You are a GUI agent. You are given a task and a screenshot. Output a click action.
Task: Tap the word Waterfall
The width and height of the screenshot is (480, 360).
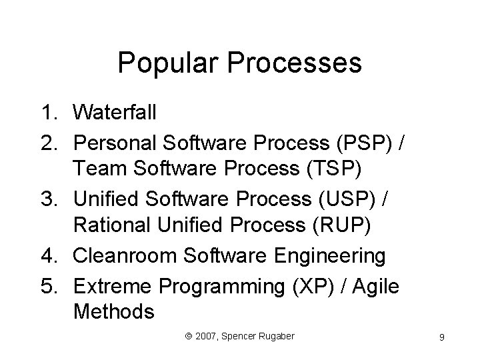click(115, 113)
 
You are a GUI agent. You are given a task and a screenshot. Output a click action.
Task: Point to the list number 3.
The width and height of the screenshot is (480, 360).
click(53, 198)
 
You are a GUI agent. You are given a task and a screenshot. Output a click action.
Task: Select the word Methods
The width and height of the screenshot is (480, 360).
click(114, 312)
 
